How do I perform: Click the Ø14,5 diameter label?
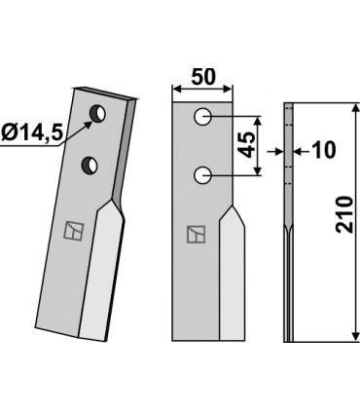pos(31,132)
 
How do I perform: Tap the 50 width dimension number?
pos(203,77)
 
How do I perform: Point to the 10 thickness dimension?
pos(322,150)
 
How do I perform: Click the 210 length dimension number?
pos(344,214)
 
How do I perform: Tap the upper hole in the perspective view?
pos(97,114)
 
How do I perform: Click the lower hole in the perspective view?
pos(90,165)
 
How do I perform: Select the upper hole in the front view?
pos(203,117)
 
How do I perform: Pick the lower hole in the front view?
pos(203,175)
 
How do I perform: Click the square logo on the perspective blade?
pos(74,231)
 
